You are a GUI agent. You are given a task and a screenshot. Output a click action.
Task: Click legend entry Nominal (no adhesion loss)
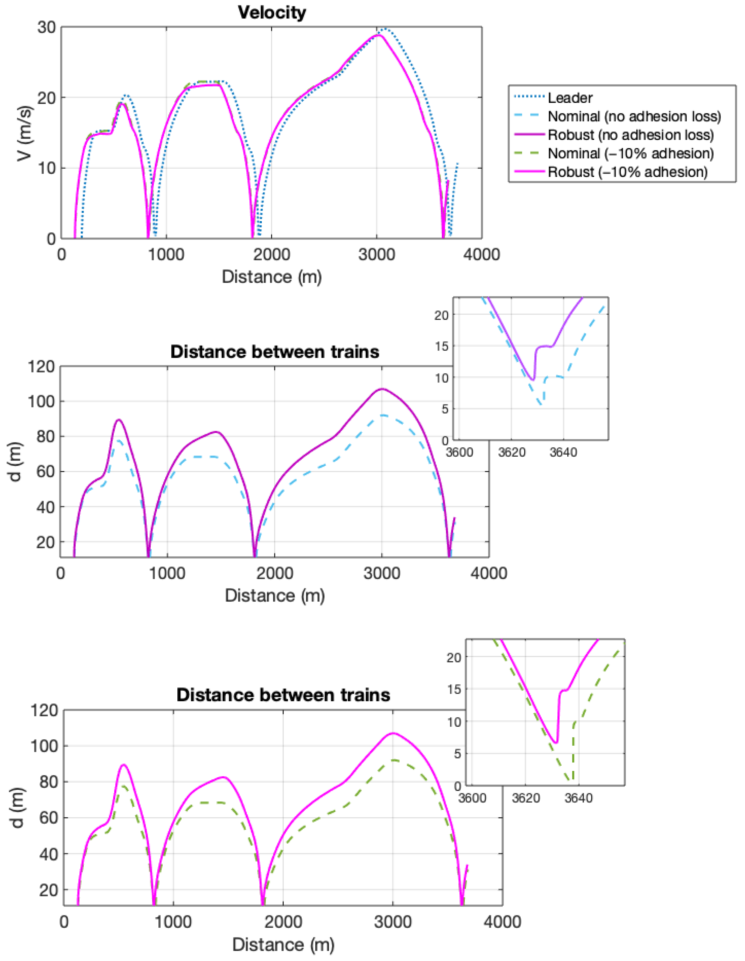pyautogui.click(x=634, y=117)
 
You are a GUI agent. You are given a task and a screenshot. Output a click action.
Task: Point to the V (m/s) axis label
pyautogui.click(x=25, y=133)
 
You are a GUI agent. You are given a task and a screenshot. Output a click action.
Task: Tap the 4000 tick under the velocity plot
pyautogui.click(x=481, y=255)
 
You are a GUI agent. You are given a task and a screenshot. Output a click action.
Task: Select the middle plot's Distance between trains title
pyautogui.click(x=275, y=352)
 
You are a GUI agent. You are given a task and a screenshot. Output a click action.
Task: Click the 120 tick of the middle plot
pyautogui.click(x=41, y=366)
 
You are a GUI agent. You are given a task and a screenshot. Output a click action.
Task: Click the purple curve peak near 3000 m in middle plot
pyautogui.click(x=382, y=389)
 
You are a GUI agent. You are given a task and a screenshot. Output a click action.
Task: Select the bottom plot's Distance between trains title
pyautogui.click(x=283, y=695)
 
